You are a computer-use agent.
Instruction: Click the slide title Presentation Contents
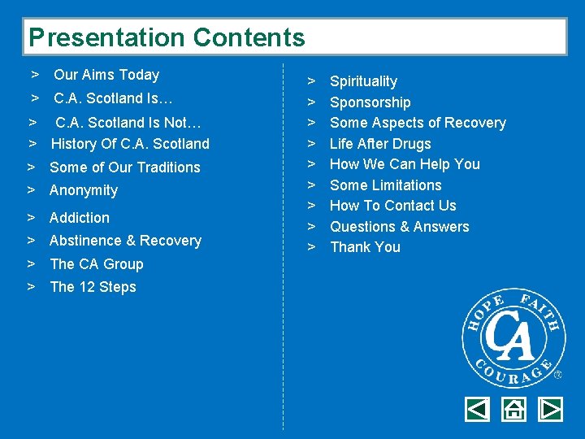point(167,37)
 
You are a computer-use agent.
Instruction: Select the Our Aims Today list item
point(106,75)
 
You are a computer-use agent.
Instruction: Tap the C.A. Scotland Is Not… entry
point(128,123)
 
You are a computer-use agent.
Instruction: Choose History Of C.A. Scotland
point(130,144)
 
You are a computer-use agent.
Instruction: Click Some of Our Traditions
point(124,167)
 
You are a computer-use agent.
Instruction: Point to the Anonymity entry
point(84,190)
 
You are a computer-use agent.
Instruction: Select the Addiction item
point(80,218)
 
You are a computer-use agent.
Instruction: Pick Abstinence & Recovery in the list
point(125,241)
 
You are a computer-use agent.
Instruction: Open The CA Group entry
point(96,264)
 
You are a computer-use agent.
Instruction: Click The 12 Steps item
point(93,287)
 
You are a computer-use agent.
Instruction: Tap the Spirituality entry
point(363,81)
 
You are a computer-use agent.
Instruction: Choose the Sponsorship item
point(370,102)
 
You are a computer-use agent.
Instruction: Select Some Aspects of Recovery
point(418,123)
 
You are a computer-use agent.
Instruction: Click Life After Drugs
point(380,144)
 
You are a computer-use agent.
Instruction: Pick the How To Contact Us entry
point(392,206)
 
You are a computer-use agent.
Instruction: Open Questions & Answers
point(399,227)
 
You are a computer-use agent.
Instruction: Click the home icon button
point(513,409)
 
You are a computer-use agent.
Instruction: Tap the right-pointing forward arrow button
point(550,409)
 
